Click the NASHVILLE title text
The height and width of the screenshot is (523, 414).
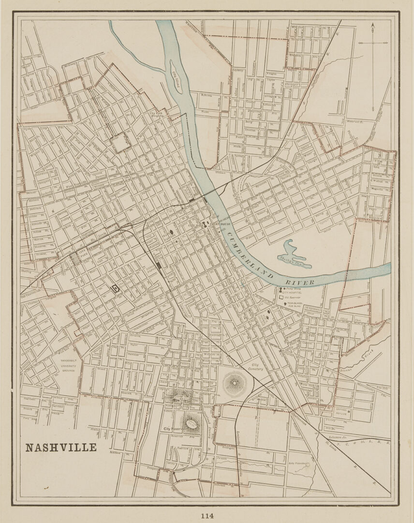(x=61, y=447)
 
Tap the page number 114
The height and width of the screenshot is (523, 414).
(x=207, y=516)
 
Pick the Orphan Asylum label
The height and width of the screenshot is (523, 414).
(x=342, y=412)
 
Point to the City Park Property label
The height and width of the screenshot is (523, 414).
(x=158, y=114)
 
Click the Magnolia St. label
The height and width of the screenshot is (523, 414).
(x=381, y=190)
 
